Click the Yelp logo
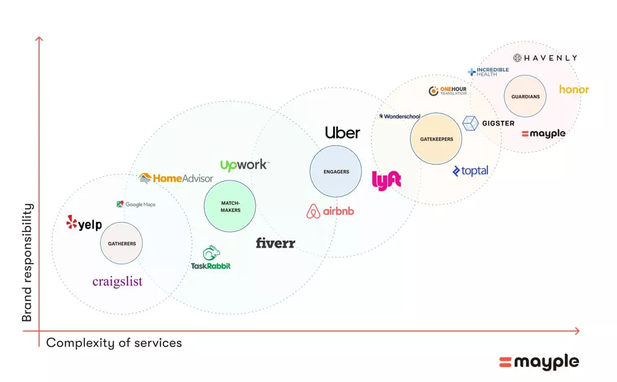[84, 223]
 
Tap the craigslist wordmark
[117, 281]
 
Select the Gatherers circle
[122, 243]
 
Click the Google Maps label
[136, 204]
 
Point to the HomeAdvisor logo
[176, 178]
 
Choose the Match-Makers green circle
[230, 206]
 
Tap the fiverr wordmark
[275, 243]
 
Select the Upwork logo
[244, 165]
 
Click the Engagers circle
[336, 171]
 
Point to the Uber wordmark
[342, 133]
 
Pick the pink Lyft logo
[386, 181]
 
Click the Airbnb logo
[330, 211]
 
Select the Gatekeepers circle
[436, 138]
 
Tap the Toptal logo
[470, 171]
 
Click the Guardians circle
[525, 96]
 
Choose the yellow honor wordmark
[574, 89]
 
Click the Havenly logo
[545, 58]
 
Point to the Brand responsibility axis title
[27, 262]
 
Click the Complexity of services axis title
[114, 343]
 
